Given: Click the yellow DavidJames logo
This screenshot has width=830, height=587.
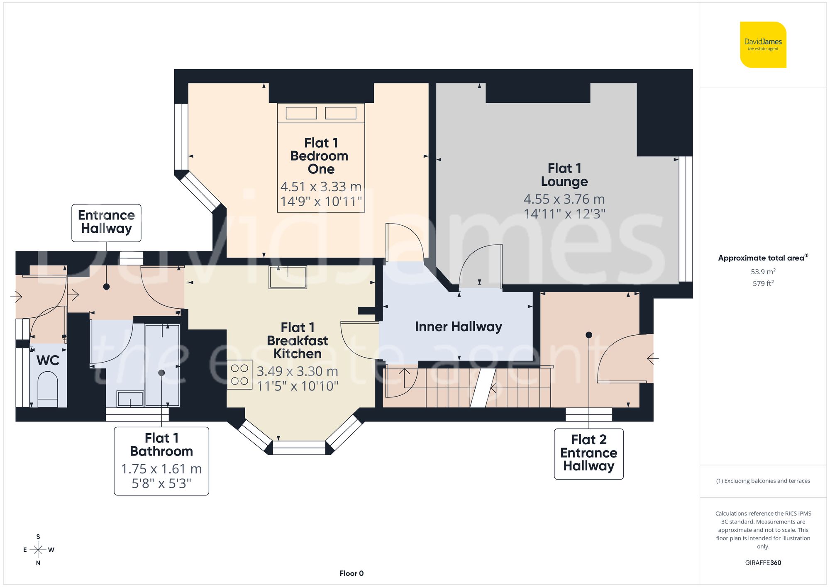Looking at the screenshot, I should coord(763,45).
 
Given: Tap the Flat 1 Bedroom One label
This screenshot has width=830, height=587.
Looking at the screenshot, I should coord(320,156).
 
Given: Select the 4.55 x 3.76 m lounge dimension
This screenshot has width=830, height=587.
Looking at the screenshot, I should coord(564,200).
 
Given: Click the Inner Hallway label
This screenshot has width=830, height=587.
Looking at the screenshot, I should coord(458,327).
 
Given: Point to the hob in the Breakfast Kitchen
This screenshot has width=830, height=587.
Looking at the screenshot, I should coord(239,375).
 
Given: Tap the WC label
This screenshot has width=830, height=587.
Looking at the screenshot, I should coord(48,360).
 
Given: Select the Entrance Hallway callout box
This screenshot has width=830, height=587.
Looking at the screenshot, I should coord(106,222).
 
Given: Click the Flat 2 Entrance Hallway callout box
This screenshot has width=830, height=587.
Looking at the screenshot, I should coord(588,453).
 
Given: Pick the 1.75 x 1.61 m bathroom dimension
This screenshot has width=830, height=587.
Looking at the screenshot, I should coord(161,469).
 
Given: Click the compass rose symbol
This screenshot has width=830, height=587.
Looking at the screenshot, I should coord(38,550).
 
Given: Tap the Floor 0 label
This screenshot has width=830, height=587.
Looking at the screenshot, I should coord(352,573).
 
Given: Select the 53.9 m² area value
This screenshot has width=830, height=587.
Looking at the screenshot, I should coord(763,272).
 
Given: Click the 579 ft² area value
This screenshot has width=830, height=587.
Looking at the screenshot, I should coord(763,284).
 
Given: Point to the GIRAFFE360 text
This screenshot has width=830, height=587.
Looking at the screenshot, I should coord(763,563).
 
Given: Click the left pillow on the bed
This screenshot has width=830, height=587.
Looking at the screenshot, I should coord(301,113).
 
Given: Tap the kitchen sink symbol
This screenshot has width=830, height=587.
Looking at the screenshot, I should coord(288,277).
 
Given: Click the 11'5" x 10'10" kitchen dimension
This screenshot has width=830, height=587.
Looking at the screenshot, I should coord(298,386).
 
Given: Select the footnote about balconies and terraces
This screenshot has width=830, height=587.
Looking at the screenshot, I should coord(763,481).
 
